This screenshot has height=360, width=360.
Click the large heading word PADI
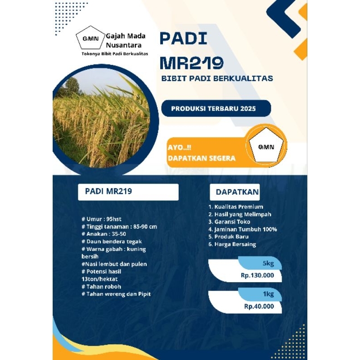[183, 39]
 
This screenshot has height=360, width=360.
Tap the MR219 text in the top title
[191, 63]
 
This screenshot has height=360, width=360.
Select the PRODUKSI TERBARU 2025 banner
[216, 108]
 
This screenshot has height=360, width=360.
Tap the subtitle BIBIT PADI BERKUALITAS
[217, 79]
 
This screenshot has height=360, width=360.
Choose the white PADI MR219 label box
[128, 192]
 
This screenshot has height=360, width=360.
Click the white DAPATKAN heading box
[237, 192]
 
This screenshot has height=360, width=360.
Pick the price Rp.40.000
[259, 306]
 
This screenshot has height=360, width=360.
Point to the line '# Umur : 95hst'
[100, 219]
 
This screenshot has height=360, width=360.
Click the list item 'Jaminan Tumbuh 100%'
[242, 229]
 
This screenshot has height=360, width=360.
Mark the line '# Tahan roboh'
[101, 287]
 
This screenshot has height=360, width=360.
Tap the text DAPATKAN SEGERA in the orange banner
[201, 158]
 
